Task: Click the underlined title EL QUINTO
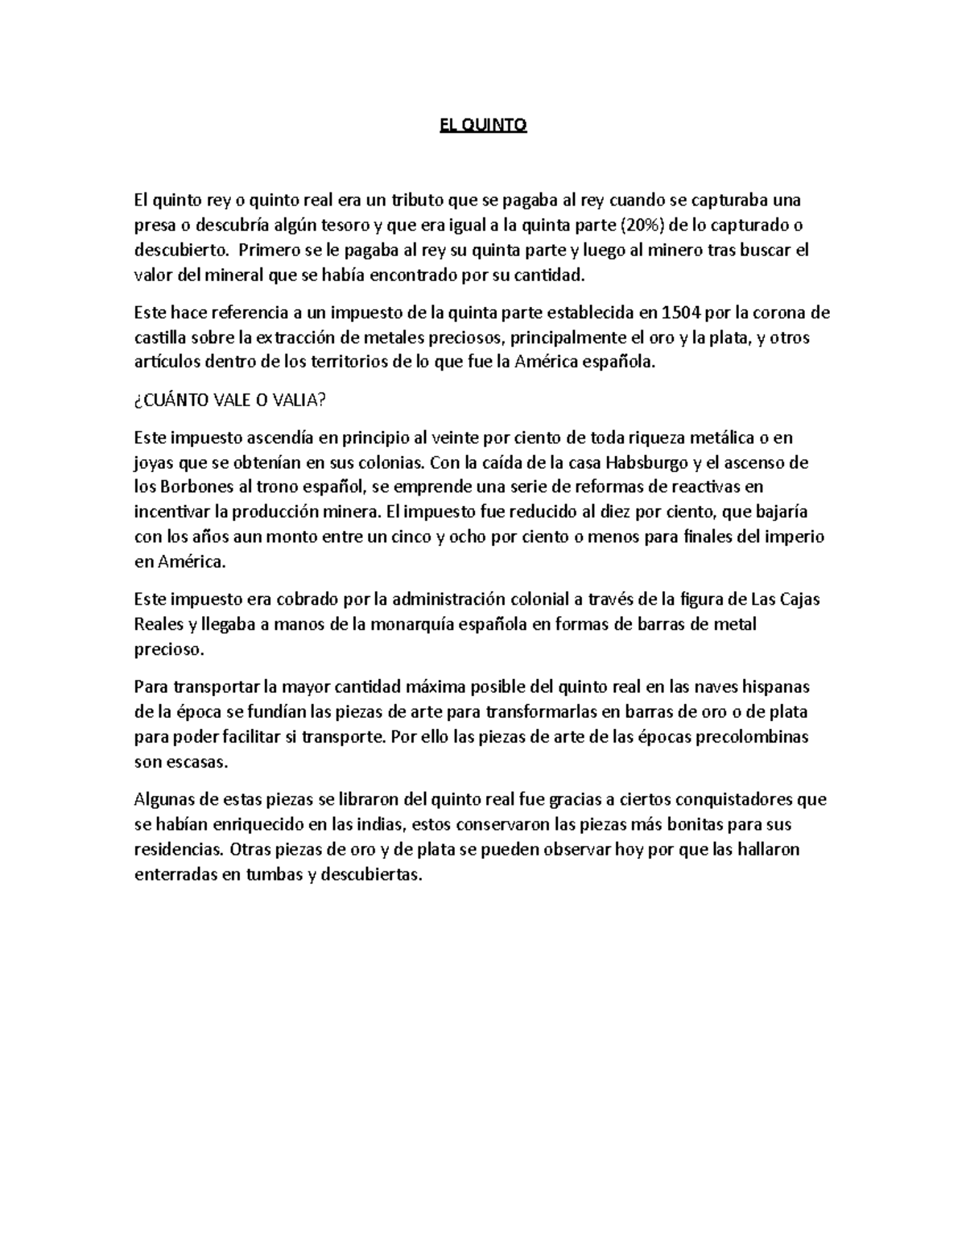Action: click(483, 126)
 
